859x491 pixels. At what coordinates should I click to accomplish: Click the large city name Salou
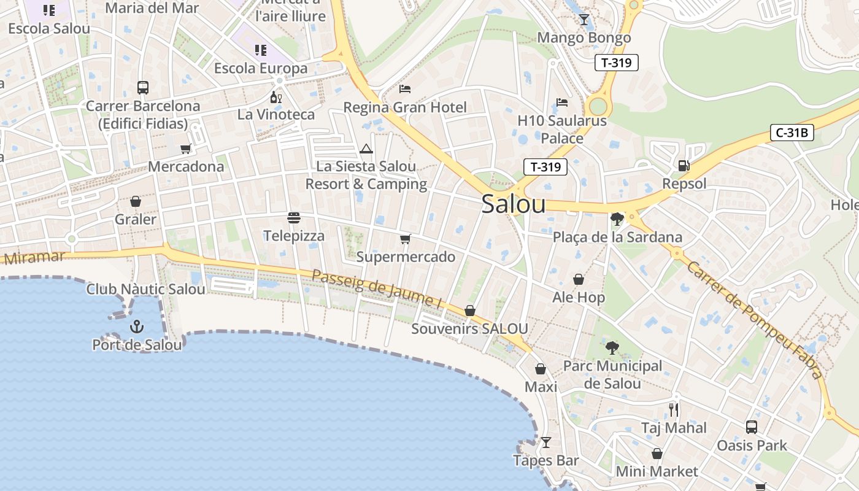513,204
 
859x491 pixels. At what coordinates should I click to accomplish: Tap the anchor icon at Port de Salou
136,326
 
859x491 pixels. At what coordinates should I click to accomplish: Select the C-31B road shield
792,132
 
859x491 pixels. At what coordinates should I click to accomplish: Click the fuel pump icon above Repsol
684,165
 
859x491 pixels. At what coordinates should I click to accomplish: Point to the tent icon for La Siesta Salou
366,149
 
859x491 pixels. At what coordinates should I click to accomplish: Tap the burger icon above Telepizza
294,218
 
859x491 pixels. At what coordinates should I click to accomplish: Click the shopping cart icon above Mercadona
186,149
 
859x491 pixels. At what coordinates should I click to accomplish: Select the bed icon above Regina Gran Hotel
405,89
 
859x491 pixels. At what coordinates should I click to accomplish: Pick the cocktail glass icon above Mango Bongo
584,20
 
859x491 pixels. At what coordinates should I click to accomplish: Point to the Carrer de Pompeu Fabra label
754,320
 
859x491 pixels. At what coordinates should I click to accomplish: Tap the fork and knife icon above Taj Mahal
674,409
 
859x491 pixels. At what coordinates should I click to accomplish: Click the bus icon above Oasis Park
752,427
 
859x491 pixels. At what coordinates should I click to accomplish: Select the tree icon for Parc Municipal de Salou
612,348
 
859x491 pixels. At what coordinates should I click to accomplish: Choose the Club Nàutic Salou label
145,289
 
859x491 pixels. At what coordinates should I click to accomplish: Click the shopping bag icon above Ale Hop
579,280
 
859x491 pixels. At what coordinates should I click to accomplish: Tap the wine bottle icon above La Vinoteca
276,97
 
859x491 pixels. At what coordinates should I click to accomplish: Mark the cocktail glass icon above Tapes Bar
545,443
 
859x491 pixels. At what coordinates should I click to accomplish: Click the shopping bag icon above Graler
136,201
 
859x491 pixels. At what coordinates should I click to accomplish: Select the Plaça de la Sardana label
617,237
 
